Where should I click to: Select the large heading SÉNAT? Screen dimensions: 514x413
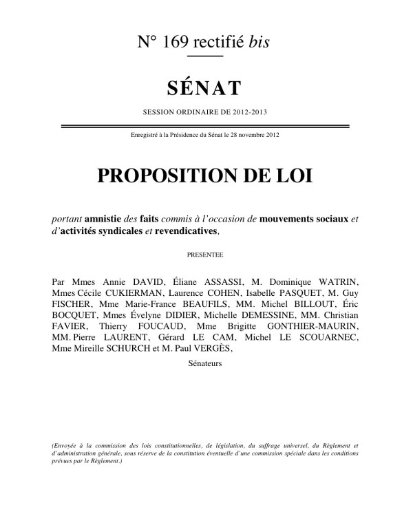coord(205,89)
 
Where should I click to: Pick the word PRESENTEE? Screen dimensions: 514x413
coord(205,255)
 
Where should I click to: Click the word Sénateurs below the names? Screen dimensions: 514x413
coord(205,363)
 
